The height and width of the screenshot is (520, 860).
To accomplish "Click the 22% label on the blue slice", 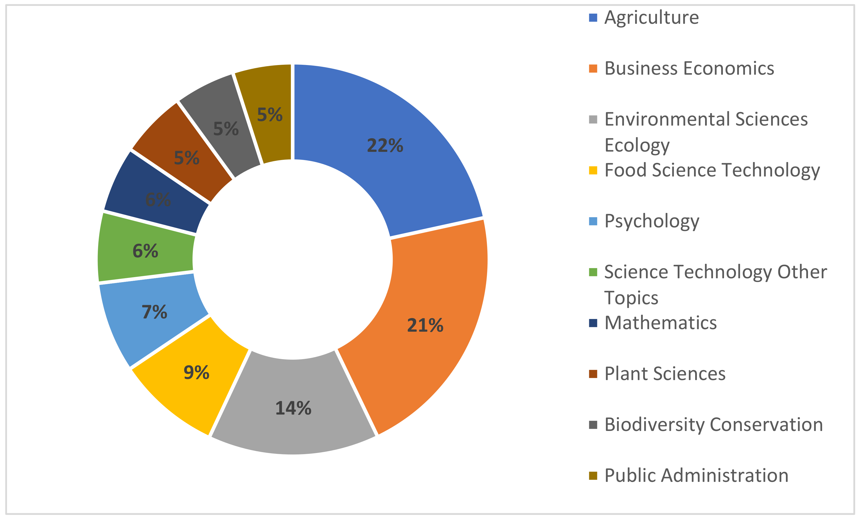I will pyautogui.click(x=385, y=146).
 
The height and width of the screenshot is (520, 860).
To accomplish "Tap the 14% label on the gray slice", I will pyautogui.click(x=293, y=408).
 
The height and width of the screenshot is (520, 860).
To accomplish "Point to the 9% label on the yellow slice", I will pyautogui.click(x=196, y=372).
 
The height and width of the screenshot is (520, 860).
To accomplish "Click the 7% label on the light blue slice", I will pyautogui.click(x=154, y=312).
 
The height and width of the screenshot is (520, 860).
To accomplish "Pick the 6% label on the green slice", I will pyautogui.click(x=145, y=251).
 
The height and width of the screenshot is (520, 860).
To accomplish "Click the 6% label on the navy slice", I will pyautogui.click(x=158, y=200).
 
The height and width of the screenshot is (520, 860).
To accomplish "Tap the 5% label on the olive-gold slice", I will pyautogui.click(x=270, y=115).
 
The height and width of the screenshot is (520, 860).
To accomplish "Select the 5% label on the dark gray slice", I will pyautogui.click(x=226, y=129).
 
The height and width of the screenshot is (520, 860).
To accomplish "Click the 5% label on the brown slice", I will pyautogui.click(x=187, y=158).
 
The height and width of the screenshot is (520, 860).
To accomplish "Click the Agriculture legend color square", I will pyautogui.click(x=593, y=18).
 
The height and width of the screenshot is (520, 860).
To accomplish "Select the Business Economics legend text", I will pyautogui.click(x=689, y=68).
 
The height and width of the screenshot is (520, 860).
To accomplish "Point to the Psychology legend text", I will pyautogui.click(x=652, y=221).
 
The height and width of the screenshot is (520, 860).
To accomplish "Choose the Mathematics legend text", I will pyautogui.click(x=660, y=323).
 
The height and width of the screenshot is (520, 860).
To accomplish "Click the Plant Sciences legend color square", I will pyautogui.click(x=593, y=374).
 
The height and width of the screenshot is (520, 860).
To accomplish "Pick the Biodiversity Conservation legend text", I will pyautogui.click(x=713, y=425).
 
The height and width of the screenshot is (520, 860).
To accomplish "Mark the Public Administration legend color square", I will pyautogui.click(x=593, y=476).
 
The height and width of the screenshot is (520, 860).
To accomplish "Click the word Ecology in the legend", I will pyautogui.click(x=637, y=145).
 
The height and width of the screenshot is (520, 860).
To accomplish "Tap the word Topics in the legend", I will pyautogui.click(x=631, y=298).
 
